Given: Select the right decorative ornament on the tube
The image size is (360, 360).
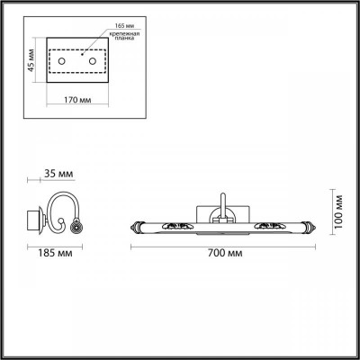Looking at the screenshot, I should coord(270,225).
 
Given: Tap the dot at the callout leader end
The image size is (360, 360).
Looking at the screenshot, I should coord(91,56).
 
